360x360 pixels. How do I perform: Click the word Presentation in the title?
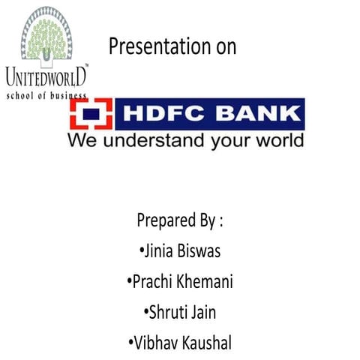[x=157, y=46]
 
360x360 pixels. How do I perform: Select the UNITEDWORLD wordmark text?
[x=46, y=76]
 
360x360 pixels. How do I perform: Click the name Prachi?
[x=152, y=283]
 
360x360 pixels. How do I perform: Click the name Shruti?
[x=166, y=313]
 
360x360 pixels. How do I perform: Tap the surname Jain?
[x=206, y=313]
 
